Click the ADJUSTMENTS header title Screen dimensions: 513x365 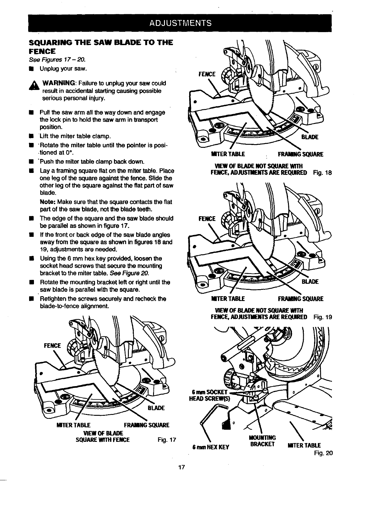pyautogui.click(x=181, y=23)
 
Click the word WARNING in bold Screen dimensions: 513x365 pyautogui.click(x=59, y=83)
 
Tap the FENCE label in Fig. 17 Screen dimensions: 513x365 pyautogui.click(x=53, y=346)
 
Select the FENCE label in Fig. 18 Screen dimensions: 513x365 pyautogui.click(x=207, y=74)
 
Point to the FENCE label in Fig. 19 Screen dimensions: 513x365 pyautogui.click(x=207, y=219)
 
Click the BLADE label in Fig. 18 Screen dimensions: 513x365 pyautogui.click(x=310, y=137)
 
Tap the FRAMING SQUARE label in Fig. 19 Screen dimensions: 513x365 pyautogui.click(x=300, y=299)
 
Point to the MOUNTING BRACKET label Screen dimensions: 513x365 pyautogui.click(x=262, y=441)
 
